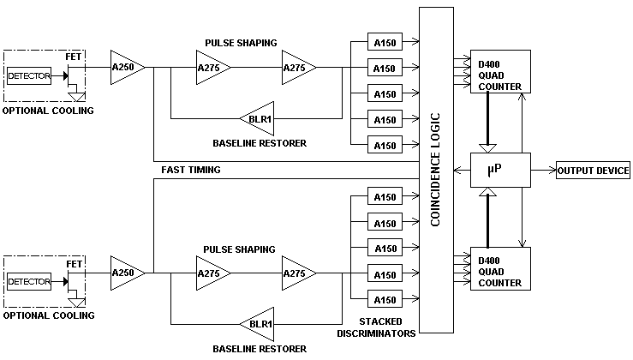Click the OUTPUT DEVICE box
tap(593, 171)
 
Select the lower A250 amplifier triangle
tap(126, 273)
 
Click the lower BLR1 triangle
tap(258, 324)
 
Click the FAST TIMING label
tap(190, 170)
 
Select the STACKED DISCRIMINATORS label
tap(376, 327)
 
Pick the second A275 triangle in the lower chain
tap(296, 273)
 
